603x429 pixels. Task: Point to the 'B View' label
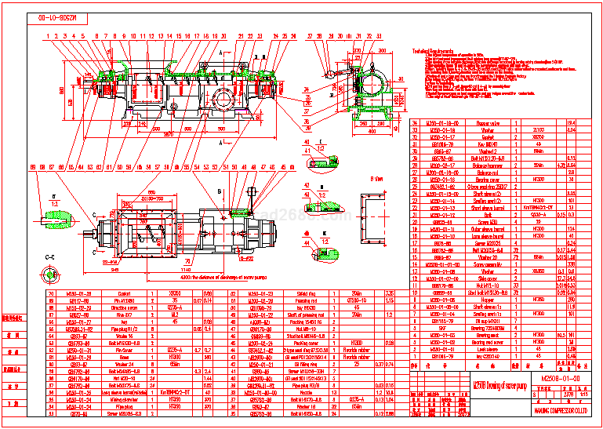(380, 180)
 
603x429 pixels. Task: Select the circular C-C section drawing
(52, 274)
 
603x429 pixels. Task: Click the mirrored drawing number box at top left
(59, 16)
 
